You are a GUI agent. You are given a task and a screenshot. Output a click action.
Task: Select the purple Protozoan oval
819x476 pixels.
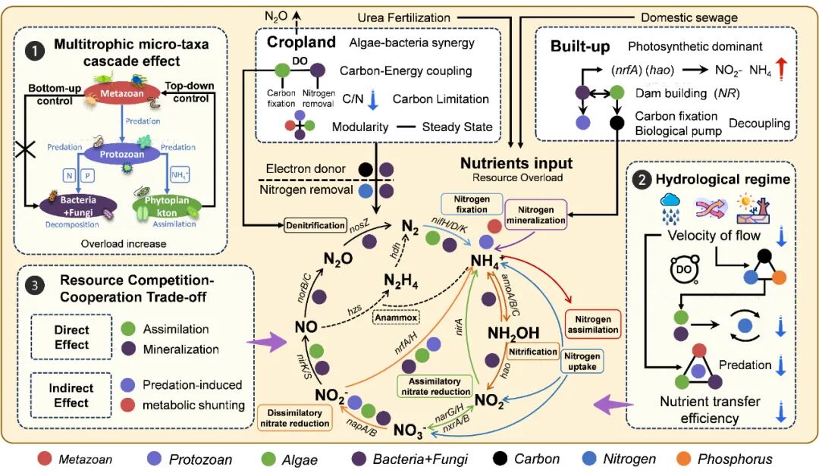pyautogui.click(x=121, y=154)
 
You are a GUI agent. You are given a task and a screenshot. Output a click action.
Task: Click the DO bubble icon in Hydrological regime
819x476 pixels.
pyautogui.click(x=680, y=268)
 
